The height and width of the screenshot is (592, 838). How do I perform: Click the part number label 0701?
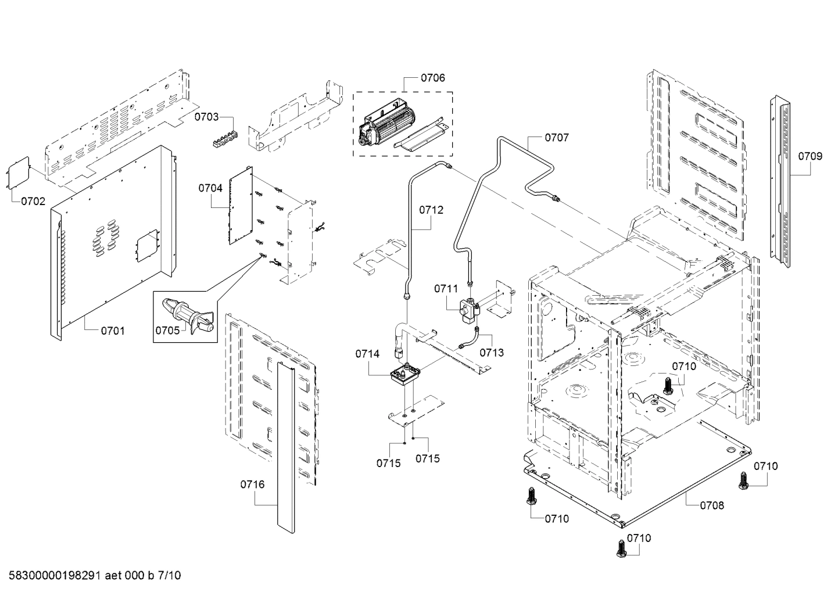(x=113, y=331)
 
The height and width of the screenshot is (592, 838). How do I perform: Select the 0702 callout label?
(x=33, y=202)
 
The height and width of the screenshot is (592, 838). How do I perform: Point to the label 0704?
(x=210, y=188)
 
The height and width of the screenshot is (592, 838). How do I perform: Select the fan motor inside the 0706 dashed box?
(x=382, y=125)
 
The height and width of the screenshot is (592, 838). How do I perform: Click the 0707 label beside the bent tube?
(x=556, y=138)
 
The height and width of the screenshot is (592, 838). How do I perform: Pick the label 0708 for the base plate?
(x=712, y=505)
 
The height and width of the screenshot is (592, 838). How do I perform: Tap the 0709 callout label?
(x=810, y=156)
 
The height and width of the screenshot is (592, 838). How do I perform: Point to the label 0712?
(x=431, y=210)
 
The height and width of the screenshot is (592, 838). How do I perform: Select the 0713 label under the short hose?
(x=492, y=353)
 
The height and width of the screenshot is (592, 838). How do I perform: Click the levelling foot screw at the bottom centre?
(x=621, y=548)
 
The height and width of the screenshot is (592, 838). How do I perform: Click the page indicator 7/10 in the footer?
(x=169, y=576)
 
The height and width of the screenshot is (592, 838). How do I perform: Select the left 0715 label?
(x=388, y=463)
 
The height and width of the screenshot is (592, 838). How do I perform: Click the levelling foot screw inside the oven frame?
(x=667, y=384)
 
